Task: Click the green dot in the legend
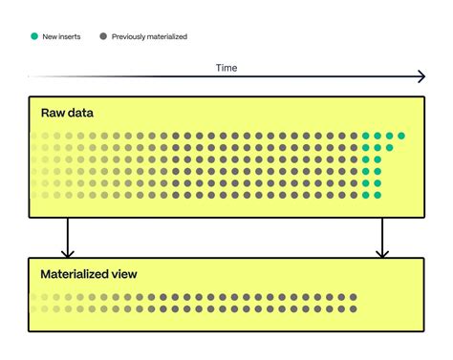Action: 34,36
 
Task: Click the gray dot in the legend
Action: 102,36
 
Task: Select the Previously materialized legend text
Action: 149,36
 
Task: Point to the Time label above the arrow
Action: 226,68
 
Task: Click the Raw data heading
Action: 67,113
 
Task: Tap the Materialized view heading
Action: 89,274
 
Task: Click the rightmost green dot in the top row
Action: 401,136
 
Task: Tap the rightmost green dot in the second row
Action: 390,147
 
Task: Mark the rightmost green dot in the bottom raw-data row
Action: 377,195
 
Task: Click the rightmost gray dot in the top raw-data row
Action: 355,136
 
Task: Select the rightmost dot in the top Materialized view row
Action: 355,298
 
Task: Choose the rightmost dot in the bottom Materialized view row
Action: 355,309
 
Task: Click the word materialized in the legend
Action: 163,36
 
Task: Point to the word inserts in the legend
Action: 70,36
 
